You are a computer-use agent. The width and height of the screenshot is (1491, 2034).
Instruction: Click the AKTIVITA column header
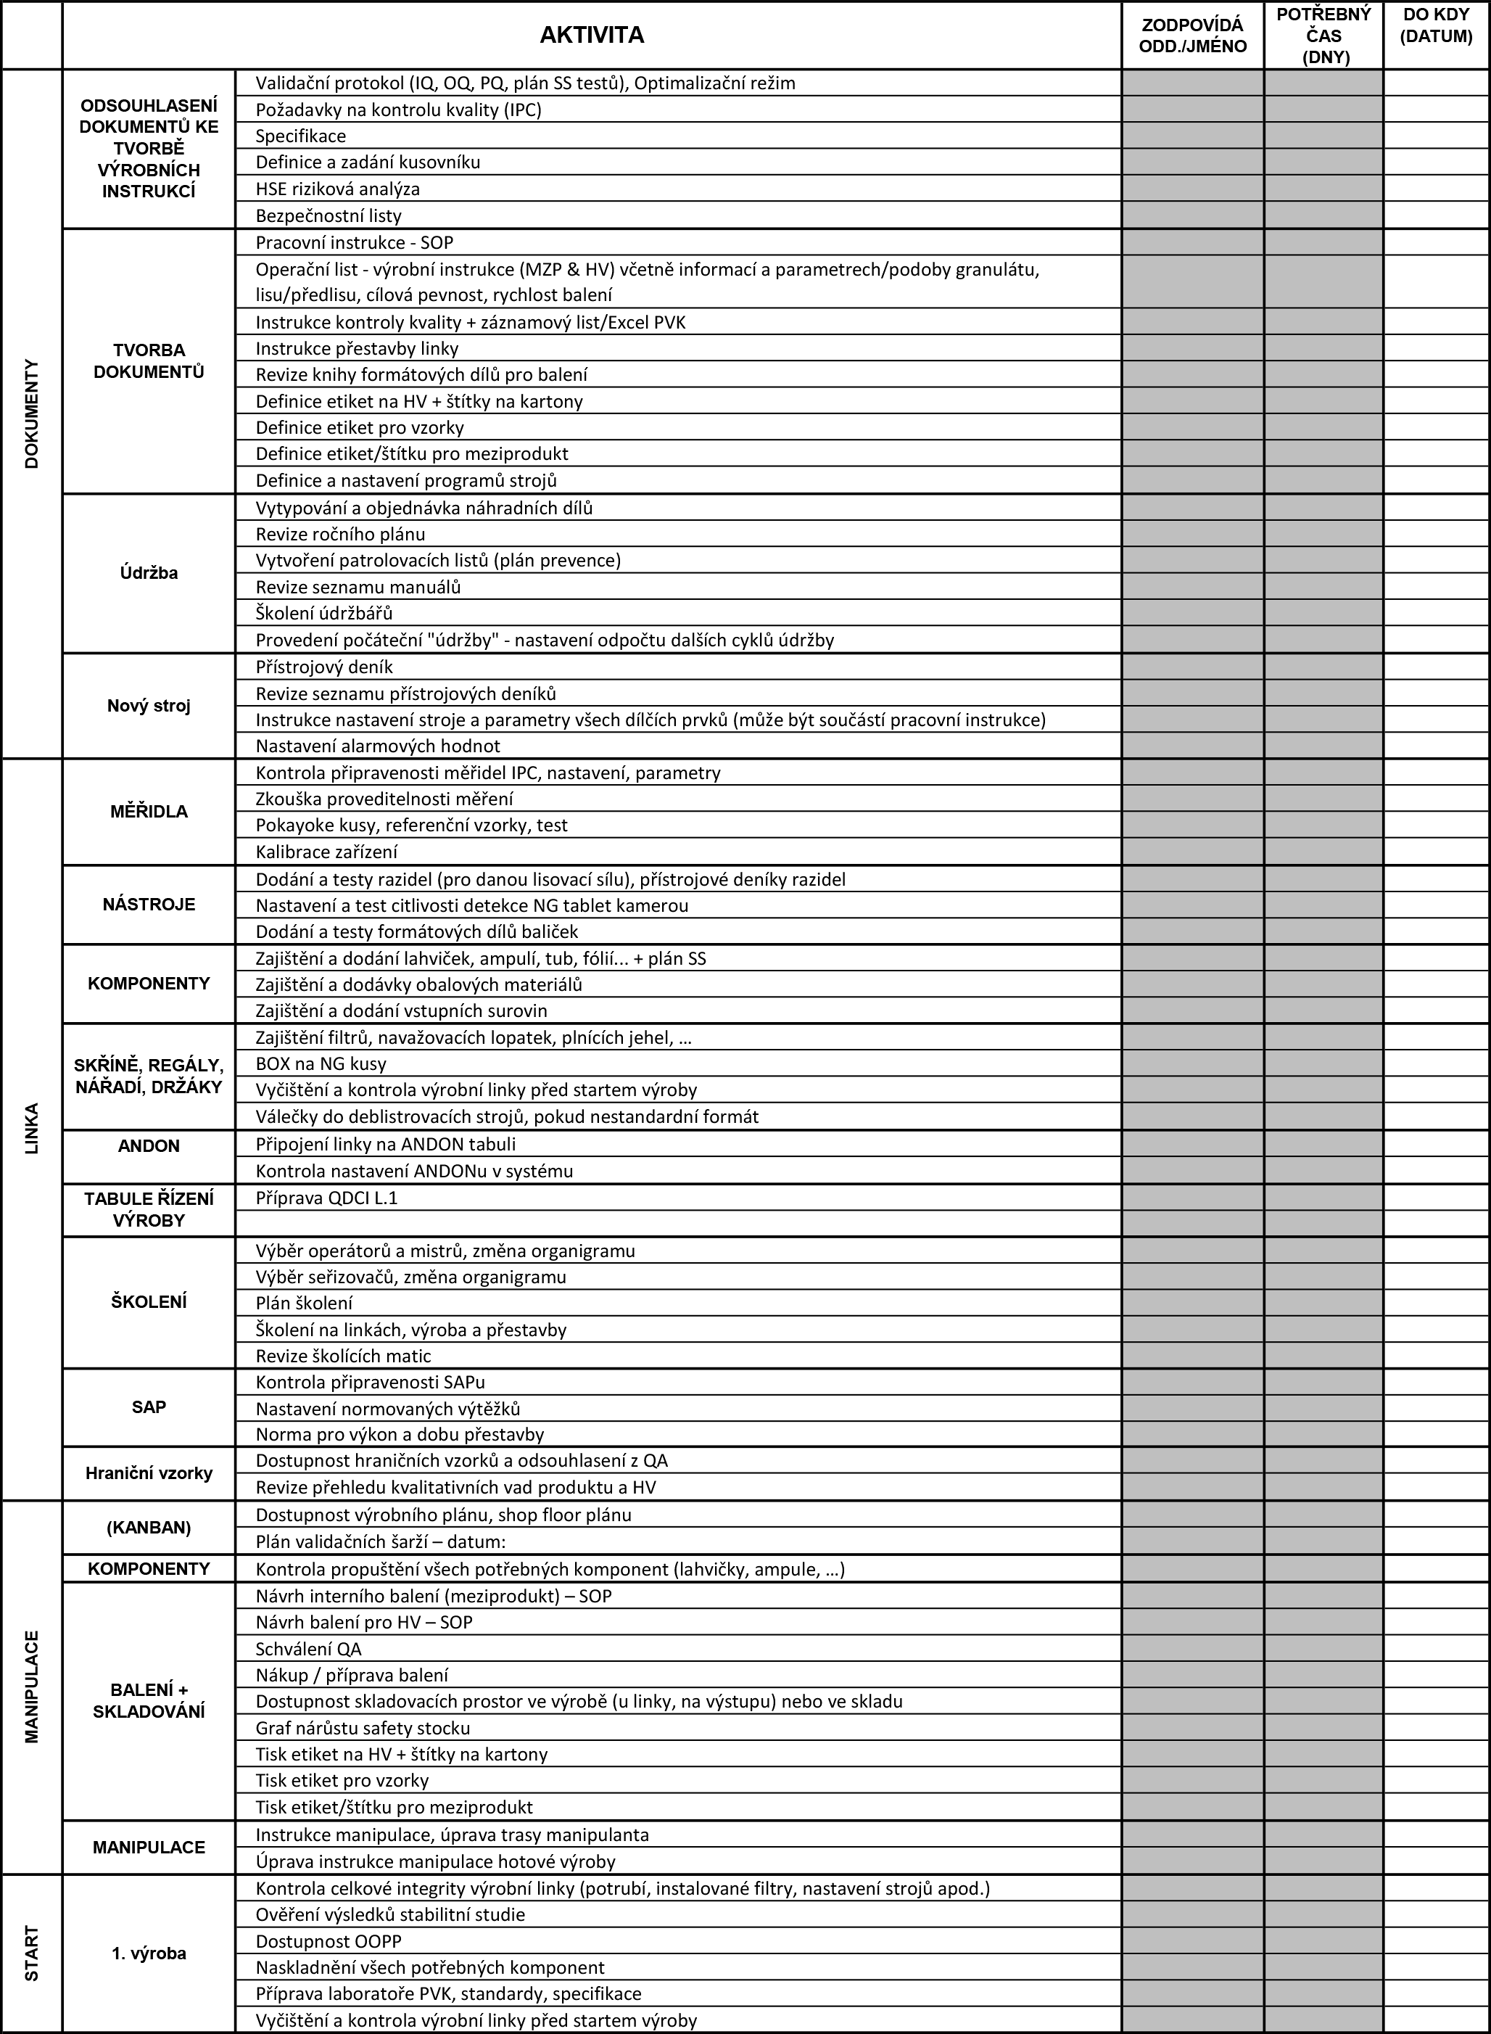[591, 36]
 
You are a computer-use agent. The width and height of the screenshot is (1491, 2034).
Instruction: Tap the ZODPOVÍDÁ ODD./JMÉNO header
[1192, 36]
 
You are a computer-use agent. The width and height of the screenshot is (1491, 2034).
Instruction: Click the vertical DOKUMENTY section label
[33, 413]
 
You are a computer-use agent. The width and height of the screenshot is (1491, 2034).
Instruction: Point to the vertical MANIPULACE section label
[33, 1687]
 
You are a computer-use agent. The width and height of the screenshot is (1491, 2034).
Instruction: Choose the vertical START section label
[33, 1953]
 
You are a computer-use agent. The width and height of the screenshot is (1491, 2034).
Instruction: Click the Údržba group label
[149, 572]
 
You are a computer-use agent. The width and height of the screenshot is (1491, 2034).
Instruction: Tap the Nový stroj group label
[149, 705]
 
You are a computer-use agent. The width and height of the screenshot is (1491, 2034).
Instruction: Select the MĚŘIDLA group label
[149, 812]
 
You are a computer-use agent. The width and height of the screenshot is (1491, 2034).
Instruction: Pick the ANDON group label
[149, 1145]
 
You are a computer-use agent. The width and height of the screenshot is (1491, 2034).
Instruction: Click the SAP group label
[149, 1407]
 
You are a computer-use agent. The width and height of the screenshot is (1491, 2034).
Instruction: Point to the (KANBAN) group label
[149, 1528]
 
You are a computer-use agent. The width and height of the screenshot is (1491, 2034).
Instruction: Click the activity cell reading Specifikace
[300, 136]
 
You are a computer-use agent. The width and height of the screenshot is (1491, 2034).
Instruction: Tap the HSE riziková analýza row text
[337, 189]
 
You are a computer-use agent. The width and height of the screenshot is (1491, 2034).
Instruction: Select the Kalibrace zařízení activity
[327, 852]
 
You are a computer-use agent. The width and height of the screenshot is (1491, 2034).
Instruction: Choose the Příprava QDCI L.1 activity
[327, 1198]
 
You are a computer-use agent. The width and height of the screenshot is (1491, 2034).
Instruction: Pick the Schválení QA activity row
[309, 1649]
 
